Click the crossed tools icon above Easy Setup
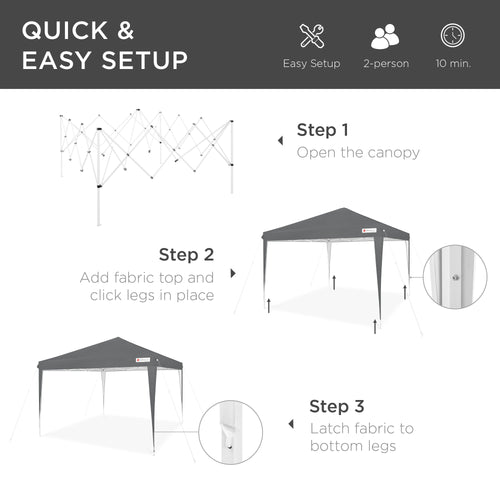(311, 36)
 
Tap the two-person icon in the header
(385, 36)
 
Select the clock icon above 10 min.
(453, 36)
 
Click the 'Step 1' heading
(323, 130)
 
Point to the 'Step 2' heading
(186, 254)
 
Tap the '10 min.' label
(453, 64)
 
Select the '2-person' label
(385, 64)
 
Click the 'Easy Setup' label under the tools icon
(311, 64)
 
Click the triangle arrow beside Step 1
(277, 141)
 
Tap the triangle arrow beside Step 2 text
(234, 272)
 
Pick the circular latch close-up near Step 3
(229, 432)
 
